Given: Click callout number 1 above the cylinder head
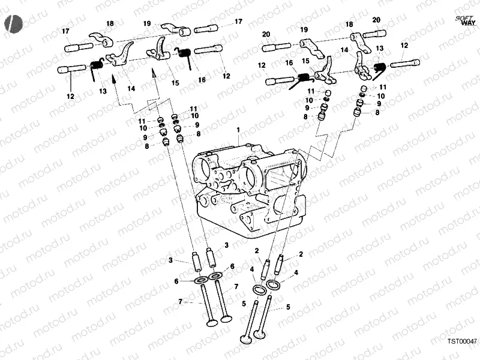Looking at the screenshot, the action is [x=238, y=130].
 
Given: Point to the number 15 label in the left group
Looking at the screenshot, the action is [x=175, y=83].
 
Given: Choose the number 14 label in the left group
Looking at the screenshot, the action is [x=131, y=88].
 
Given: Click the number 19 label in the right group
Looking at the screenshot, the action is [x=304, y=29].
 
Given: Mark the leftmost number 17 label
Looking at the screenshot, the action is [x=66, y=31].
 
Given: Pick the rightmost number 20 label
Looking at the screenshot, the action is [x=376, y=20].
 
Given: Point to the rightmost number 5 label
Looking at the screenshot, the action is [x=288, y=307].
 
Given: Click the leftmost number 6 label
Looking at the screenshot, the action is [x=176, y=281].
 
